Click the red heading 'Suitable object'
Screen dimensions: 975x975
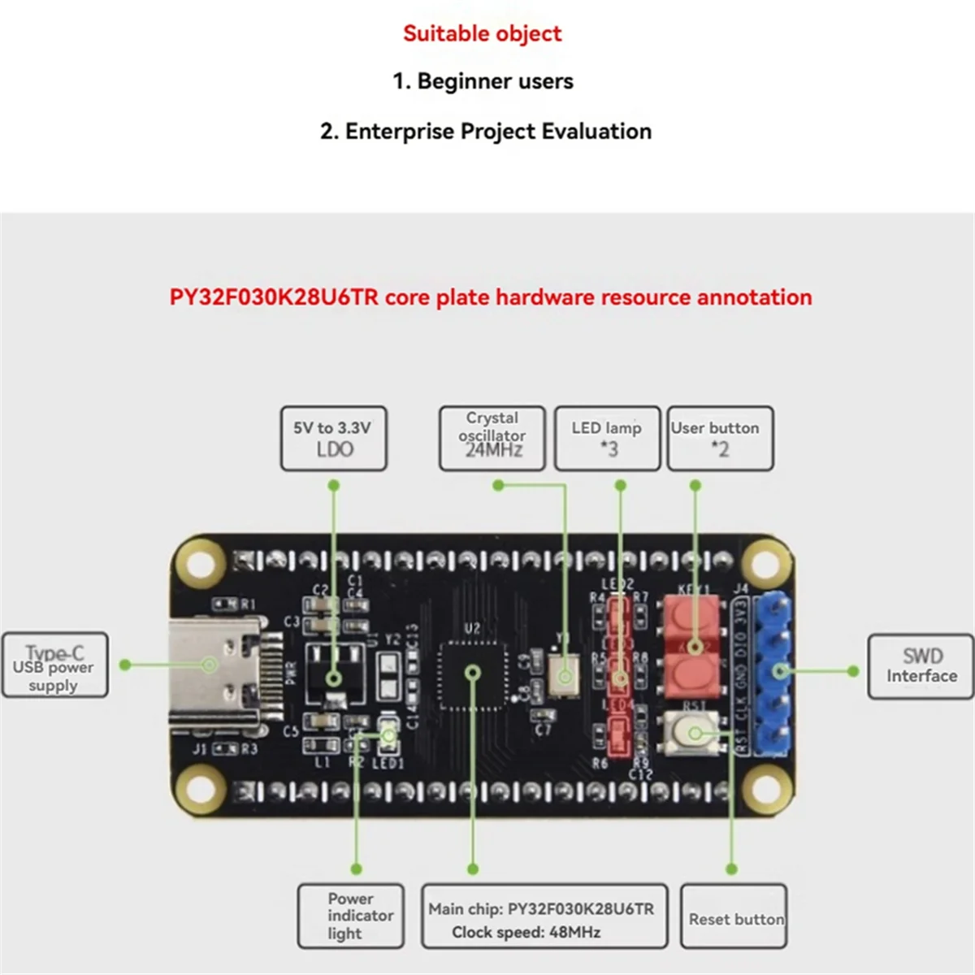pos(482,33)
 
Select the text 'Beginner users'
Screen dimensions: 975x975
pos(494,81)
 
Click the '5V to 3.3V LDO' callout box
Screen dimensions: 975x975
pos(333,439)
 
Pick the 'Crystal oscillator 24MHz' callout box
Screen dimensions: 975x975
pos(492,439)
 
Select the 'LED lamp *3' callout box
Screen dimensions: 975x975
pos(607,439)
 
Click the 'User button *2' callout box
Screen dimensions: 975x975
pos(719,439)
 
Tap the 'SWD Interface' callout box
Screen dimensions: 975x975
pos(921,666)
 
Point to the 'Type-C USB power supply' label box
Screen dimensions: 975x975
pos(54,665)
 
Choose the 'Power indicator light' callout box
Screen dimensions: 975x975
pos(351,916)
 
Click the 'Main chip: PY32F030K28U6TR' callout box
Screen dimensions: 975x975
pos(544,916)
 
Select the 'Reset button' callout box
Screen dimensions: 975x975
pos(734,916)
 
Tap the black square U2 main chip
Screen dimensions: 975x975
pos(473,672)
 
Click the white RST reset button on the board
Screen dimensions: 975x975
pos(693,733)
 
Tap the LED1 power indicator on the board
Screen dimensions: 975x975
pos(388,736)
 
